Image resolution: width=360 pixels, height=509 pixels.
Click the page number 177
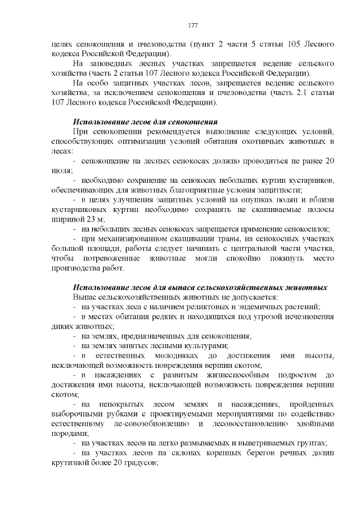point(192,25)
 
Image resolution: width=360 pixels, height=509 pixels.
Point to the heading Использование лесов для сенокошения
point(145,122)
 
